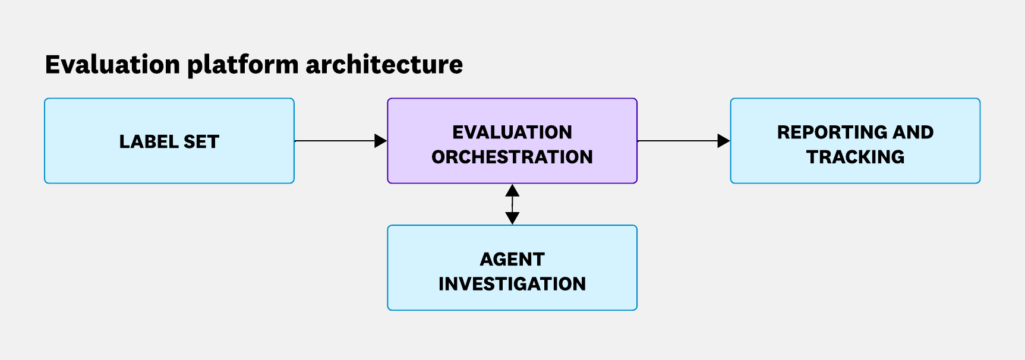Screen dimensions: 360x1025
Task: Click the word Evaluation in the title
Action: [x=112, y=64]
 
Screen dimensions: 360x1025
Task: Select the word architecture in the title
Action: [x=384, y=64]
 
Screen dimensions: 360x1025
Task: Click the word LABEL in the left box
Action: [x=149, y=142]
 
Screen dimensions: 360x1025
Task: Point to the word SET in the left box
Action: [x=201, y=142]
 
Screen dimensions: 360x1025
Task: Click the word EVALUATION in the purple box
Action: [x=512, y=132]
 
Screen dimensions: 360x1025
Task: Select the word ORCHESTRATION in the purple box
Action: [x=512, y=157]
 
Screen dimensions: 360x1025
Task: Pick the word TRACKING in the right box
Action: [x=855, y=157]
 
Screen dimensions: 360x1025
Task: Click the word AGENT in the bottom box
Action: [x=512, y=259]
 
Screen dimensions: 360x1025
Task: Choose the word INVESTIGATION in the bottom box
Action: [x=512, y=284]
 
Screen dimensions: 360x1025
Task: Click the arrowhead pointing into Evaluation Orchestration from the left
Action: [x=380, y=141]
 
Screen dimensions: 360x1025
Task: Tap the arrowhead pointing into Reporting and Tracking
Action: [x=723, y=141]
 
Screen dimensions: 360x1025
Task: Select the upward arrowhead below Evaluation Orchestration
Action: [x=512, y=191]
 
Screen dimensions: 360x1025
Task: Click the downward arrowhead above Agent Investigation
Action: [x=512, y=217]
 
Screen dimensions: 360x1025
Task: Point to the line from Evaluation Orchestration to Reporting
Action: [x=677, y=141]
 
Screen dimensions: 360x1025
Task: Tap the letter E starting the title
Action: [x=52, y=64]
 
